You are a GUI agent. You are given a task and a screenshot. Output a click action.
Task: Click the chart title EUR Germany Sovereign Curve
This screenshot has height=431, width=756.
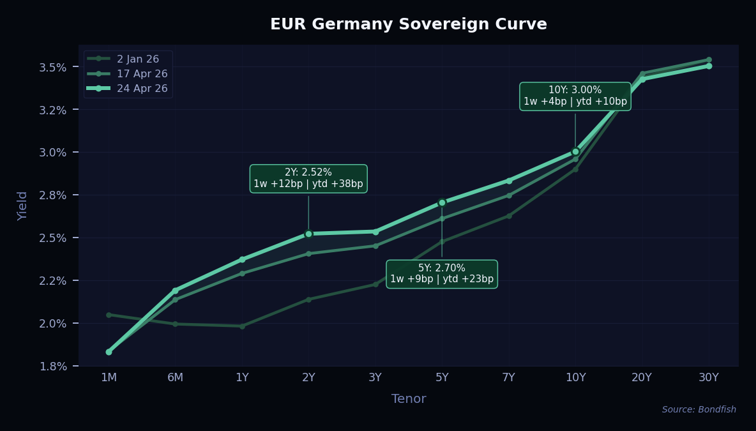coord(408,24)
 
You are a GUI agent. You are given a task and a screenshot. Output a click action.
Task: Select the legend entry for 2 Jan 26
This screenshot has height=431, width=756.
coord(137,59)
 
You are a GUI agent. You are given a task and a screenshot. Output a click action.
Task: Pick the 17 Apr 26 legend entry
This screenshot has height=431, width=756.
coord(142,74)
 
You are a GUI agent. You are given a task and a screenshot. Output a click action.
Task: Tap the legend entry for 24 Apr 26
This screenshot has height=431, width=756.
coord(142,89)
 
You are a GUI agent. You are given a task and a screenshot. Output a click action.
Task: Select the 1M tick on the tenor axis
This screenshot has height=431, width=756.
coord(109,377)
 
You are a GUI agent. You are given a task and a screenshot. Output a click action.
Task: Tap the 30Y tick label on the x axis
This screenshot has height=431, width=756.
coord(708,377)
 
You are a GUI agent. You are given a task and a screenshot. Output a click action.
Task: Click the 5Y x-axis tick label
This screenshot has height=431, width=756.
coord(442,377)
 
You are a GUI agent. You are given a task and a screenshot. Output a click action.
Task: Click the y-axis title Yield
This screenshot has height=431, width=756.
coord(23,206)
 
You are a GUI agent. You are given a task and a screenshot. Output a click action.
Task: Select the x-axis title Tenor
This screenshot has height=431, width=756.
coord(408,399)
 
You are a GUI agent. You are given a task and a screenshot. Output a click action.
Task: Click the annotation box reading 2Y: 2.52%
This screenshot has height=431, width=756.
coord(308,178)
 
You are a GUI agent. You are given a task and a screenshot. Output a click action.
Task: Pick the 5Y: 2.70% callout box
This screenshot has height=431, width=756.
coord(442,274)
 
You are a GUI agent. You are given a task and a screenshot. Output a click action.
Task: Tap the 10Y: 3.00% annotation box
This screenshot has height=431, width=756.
coord(575,96)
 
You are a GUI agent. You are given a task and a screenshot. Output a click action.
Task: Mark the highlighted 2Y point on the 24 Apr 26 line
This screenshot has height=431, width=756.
coord(308,234)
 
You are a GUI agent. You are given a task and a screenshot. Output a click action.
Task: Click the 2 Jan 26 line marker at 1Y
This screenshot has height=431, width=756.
coord(242,326)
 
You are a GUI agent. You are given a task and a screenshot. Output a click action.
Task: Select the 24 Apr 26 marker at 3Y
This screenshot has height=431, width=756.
coord(375,232)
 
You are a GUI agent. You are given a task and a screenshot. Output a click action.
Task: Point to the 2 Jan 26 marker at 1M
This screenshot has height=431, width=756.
coord(109,315)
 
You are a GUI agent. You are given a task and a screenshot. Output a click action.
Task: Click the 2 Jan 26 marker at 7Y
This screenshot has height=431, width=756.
coord(509,216)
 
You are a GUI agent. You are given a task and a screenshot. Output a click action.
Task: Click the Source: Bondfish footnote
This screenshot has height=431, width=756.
coord(699,410)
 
